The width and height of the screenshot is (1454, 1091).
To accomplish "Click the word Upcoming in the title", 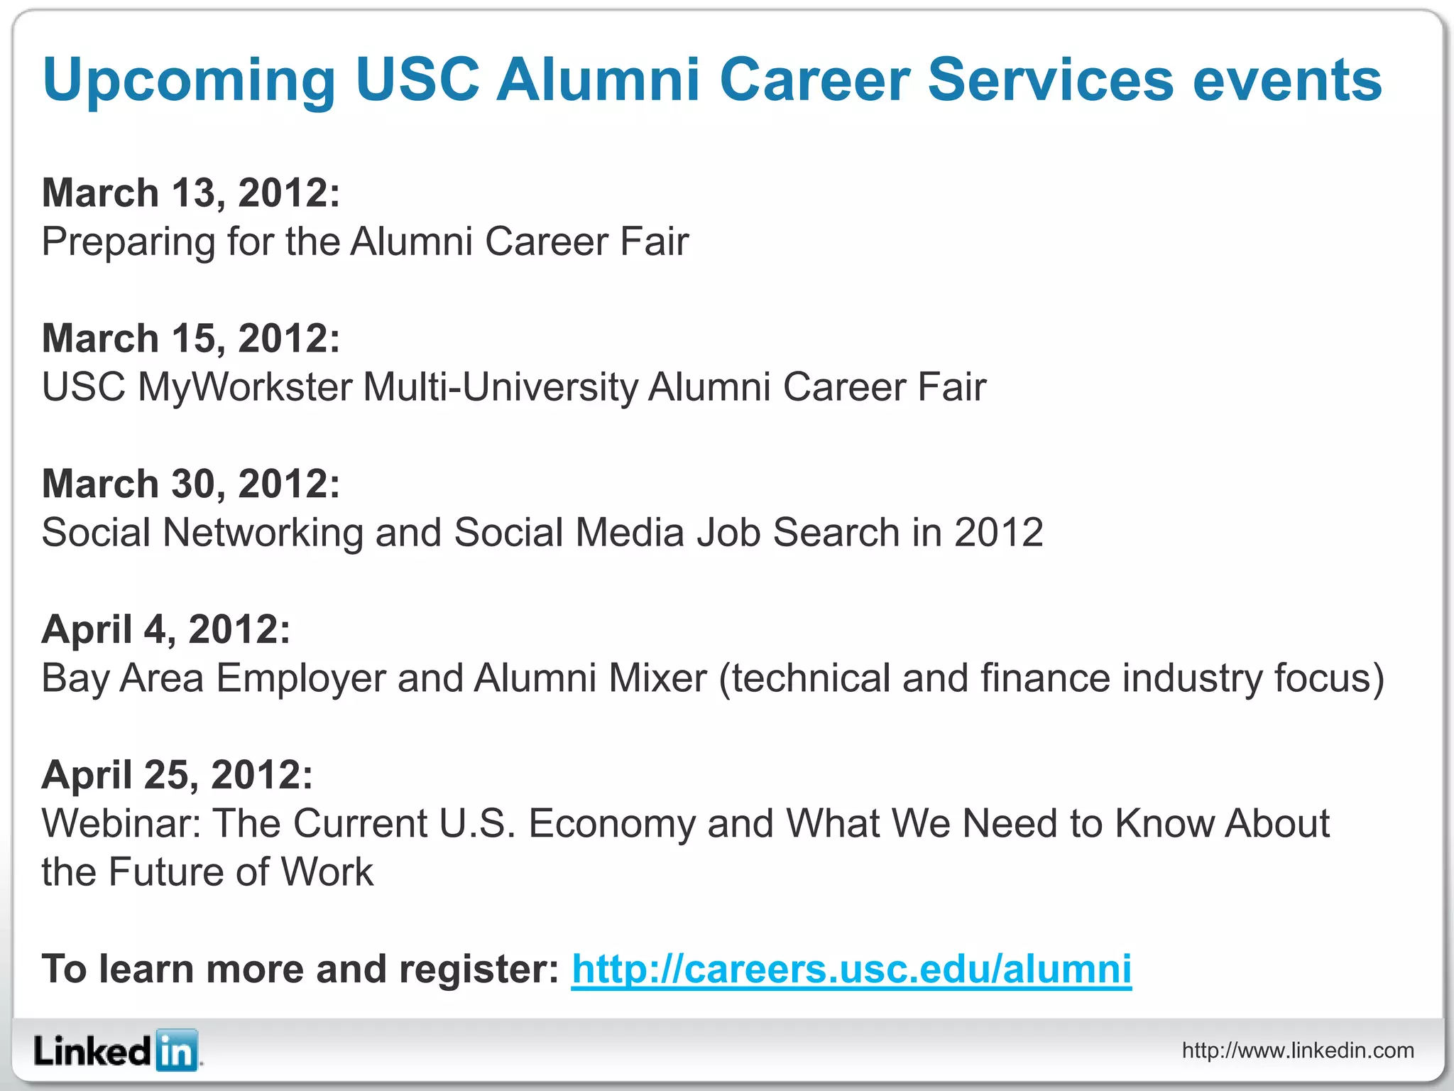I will point(188,81).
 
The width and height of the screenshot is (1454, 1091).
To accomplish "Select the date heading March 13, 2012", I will point(191,193).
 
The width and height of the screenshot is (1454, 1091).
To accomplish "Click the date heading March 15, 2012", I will point(191,338).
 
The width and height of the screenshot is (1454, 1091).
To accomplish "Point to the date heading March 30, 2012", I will point(191,484).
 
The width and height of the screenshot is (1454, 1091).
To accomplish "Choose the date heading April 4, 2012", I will point(166,629).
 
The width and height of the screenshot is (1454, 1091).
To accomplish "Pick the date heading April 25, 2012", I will point(177,775).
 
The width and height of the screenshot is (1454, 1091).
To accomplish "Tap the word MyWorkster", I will point(245,389).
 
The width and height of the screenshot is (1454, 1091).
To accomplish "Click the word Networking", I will point(263,533).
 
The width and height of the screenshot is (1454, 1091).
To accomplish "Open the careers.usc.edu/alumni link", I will point(851,970).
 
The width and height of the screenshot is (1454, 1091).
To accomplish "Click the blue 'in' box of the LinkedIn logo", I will point(176,1051).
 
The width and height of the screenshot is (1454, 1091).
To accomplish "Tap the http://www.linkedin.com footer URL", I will point(1298,1051).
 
